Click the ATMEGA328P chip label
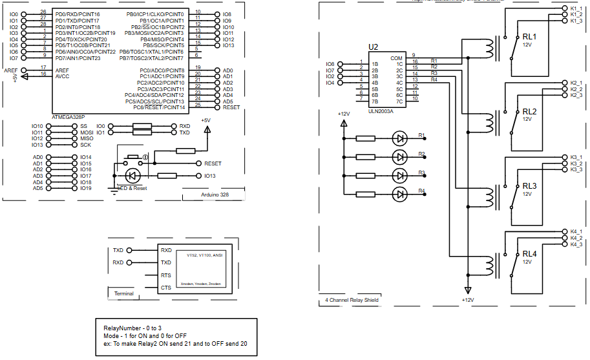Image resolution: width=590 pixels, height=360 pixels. (x=68, y=117)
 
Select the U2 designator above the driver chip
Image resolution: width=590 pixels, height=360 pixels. (x=373, y=47)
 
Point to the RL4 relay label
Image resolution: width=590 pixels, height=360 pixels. (x=530, y=254)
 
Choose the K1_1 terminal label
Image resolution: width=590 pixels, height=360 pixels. (x=576, y=8)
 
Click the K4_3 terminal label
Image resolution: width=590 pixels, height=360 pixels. (x=576, y=244)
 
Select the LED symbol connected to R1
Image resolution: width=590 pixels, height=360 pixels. (x=400, y=138)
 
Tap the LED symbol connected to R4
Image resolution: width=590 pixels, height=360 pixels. (x=400, y=194)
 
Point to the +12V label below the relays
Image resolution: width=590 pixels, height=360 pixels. (x=468, y=300)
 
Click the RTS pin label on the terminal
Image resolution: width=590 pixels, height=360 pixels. (x=166, y=275)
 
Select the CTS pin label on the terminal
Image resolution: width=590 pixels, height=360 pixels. (x=166, y=288)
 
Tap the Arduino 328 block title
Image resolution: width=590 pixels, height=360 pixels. (x=215, y=195)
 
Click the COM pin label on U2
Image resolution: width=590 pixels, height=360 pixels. (x=396, y=58)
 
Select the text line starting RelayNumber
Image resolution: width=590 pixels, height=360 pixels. (x=127, y=328)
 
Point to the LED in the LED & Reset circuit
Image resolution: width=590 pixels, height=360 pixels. (x=133, y=175)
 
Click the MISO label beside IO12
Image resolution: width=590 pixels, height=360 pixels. (x=87, y=138)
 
